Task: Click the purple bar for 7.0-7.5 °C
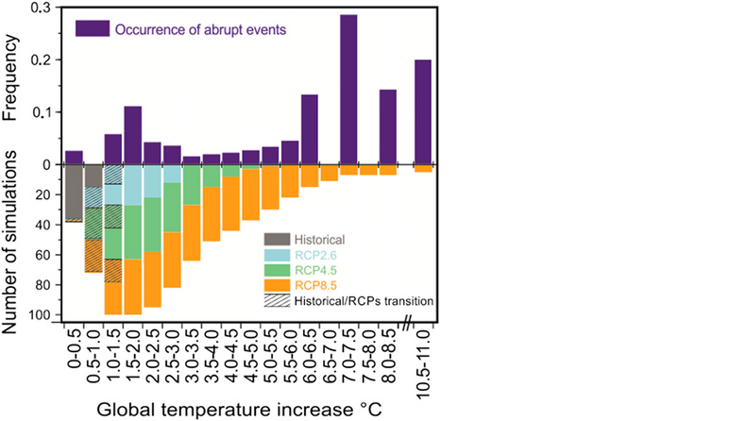(348, 90)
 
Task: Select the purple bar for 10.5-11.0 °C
(423, 112)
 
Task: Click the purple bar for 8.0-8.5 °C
(388, 127)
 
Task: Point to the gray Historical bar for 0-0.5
(74, 193)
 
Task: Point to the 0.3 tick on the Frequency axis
(42, 8)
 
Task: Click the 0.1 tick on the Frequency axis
(42, 112)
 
